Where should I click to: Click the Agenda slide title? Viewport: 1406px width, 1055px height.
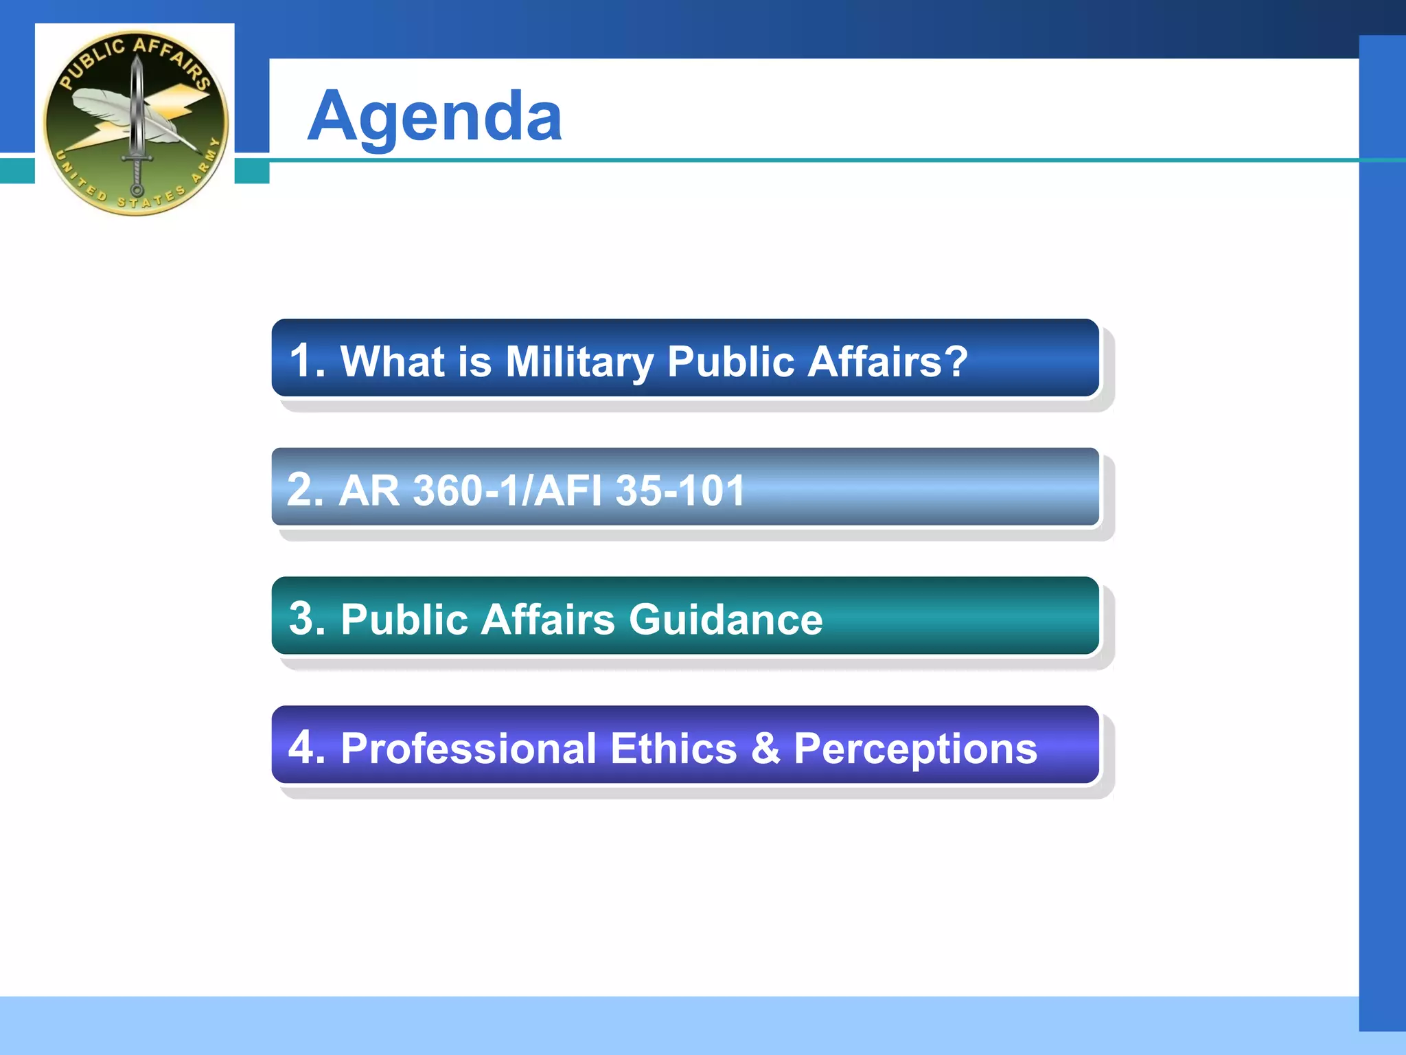coord(435,117)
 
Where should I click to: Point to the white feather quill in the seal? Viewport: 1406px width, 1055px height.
coord(110,110)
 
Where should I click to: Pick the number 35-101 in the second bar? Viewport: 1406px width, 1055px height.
coord(680,490)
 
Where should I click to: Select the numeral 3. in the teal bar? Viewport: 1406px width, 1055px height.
coord(306,618)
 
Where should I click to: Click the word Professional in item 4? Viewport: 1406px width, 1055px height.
coord(468,748)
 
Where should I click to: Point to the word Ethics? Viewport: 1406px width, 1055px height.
coord(673,748)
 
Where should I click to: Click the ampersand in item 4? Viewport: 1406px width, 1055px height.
coord(765,748)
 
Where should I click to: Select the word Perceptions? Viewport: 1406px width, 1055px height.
coord(915,749)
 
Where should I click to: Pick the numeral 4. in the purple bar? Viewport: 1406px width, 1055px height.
coord(306,747)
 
